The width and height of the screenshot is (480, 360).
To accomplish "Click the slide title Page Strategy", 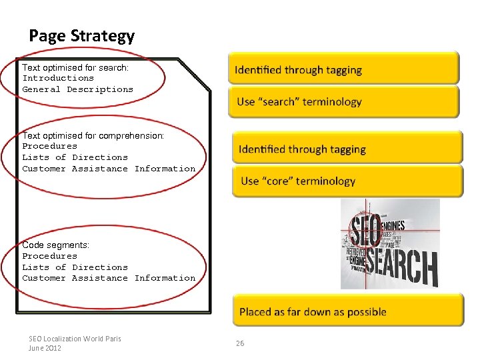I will tap(81, 36).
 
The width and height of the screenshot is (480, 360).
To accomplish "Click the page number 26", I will tap(240, 343).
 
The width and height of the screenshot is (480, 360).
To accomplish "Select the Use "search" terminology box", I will tap(343, 102).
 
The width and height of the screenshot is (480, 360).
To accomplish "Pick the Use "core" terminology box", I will tap(347, 181).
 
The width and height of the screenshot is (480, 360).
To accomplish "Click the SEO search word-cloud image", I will tap(390, 244).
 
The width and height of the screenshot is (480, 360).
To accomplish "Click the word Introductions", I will tap(58, 78).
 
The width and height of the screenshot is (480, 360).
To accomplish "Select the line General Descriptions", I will tap(77, 89).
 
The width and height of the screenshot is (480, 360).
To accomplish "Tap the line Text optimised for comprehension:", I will tap(93, 135).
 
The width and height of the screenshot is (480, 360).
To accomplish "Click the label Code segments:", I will tap(55, 245).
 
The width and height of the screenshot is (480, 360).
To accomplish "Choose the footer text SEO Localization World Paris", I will tap(75, 339).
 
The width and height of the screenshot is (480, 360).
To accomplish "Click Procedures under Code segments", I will tap(50, 256).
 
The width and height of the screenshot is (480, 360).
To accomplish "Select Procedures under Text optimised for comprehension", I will tap(50, 146).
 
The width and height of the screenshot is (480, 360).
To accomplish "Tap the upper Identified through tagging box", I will tap(343, 69).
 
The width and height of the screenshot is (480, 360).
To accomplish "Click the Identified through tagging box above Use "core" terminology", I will tap(347, 149).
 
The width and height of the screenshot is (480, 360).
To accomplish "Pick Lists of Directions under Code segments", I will tap(75, 267).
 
